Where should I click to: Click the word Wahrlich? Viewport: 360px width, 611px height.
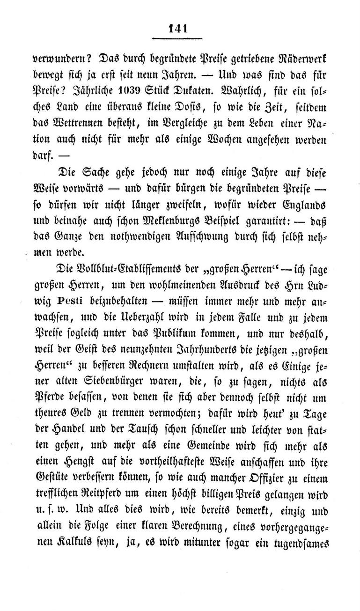(x=254, y=92)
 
